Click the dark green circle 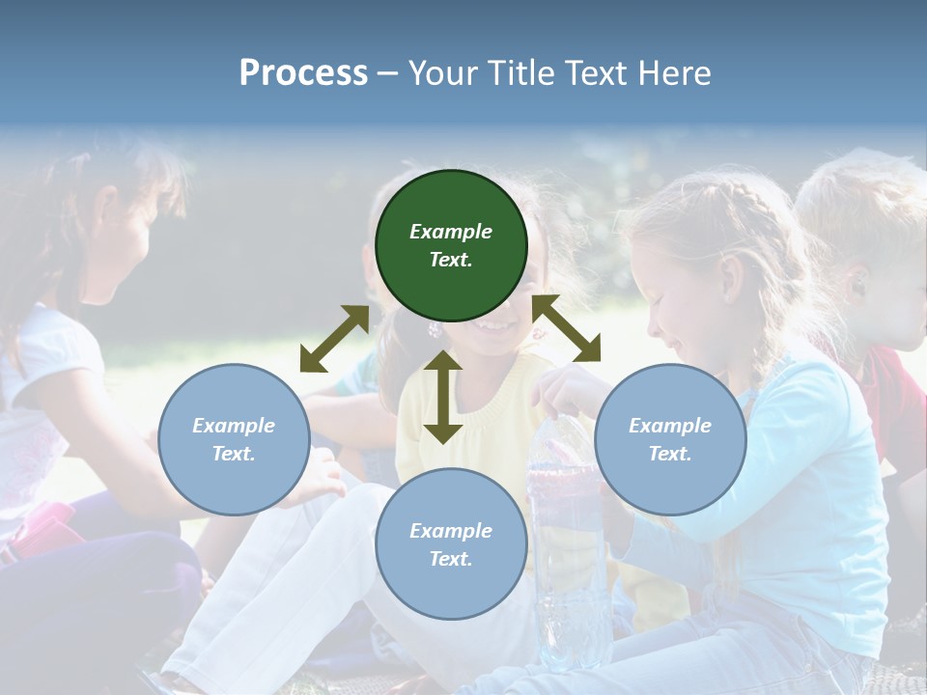point(451,245)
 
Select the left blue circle point(234,439)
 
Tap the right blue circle point(670,439)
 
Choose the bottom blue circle point(451,544)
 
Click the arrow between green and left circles point(334,338)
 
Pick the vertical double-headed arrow point(443,397)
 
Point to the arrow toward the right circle point(567,328)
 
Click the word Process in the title point(303,72)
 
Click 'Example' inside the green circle point(451,232)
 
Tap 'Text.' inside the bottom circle point(451,559)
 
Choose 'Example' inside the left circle point(234,426)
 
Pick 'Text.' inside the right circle point(670,454)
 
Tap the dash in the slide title point(388,73)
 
